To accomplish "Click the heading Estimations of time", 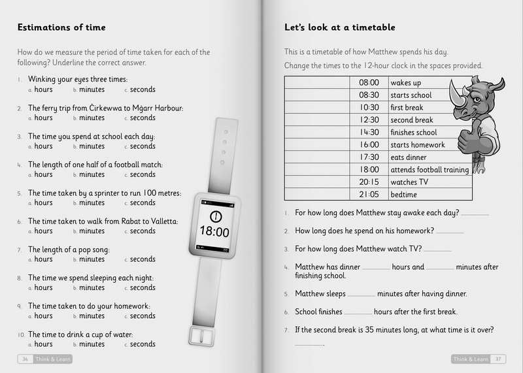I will (61, 28).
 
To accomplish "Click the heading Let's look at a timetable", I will (339, 28).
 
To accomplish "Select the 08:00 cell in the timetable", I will (369, 83).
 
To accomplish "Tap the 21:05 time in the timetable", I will (369, 195).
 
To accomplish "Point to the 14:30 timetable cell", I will (369, 133).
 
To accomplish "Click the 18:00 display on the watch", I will (214, 232).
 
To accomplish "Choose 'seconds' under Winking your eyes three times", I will (143, 90).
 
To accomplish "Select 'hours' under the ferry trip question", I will (43, 118).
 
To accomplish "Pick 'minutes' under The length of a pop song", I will (92, 259).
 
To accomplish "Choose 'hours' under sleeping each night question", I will (43, 287).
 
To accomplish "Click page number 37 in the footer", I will (498, 359).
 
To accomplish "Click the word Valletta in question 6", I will (161, 221).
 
